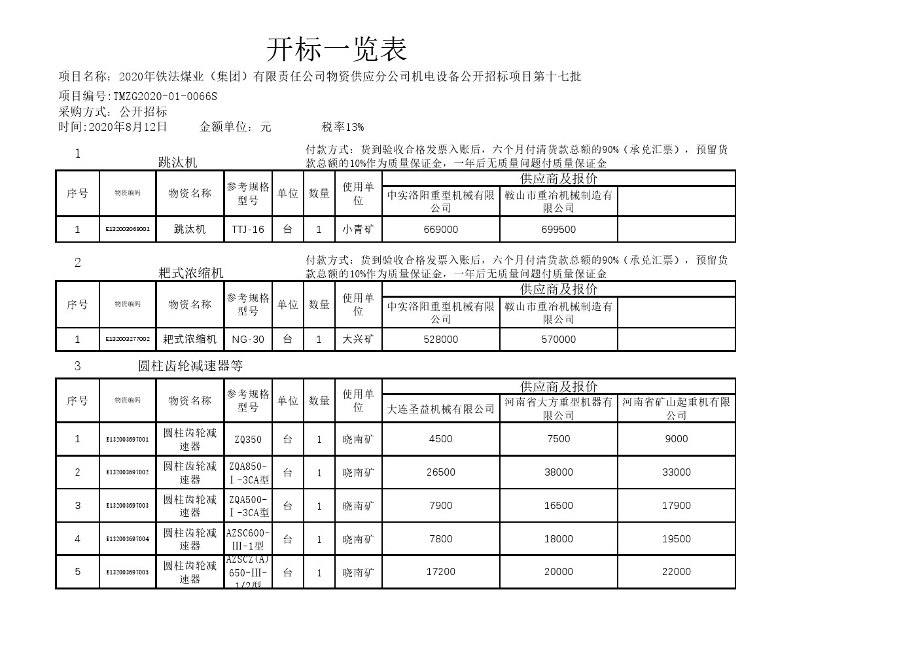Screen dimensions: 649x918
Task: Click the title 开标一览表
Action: pos(336,50)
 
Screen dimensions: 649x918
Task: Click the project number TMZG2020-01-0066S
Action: pos(165,96)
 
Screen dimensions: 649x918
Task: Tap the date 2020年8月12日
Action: pos(128,127)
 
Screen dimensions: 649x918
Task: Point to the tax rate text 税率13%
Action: pos(343,127)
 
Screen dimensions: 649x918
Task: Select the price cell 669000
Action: pos(440,230)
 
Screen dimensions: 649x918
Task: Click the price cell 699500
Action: pos(558,230)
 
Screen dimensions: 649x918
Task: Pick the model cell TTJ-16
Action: pos(248,230)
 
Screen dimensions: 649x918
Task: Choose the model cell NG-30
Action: pos(248,340)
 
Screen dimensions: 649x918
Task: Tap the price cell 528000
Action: pos(440,340)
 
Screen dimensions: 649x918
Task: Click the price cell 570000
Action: pos(558,340)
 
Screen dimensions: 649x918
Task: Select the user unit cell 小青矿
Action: pos(358,230)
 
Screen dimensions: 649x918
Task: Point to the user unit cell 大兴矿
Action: pos(358,340)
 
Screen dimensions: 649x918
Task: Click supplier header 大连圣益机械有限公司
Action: pos(440,409)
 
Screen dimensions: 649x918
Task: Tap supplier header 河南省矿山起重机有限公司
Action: pos(676,408)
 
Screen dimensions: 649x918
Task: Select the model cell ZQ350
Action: pos(248,440)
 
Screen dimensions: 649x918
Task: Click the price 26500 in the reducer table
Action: pos(440,472)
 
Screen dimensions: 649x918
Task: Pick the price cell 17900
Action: pos(676,506)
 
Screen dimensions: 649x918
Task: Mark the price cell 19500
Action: pos(676,539)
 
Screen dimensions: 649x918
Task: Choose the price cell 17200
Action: pos(440,572)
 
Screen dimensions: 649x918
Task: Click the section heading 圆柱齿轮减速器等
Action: pos(190,366)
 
